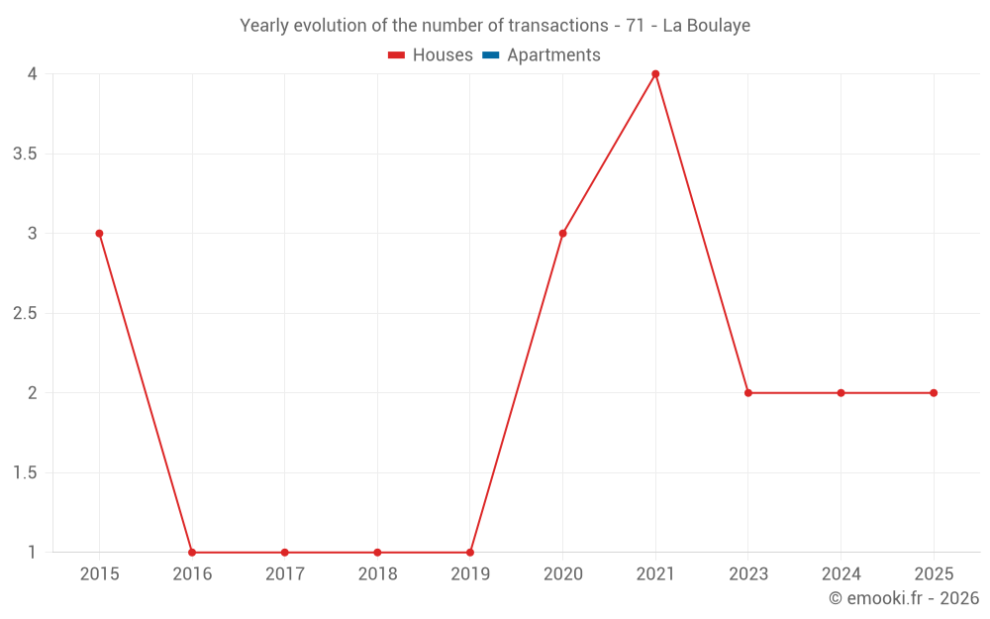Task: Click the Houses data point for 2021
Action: tap(655, 74)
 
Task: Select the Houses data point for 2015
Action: tap(99, 234)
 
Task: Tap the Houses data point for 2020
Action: tap(562, 234)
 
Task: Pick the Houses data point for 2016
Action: tap(192, 553)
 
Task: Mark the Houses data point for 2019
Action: tap(470, 553)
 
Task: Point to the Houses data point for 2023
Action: tap(748, 393)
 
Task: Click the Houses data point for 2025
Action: tap(934, 393)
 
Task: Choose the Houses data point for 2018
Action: tap(377, 553)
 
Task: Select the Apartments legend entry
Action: tap(553, 55)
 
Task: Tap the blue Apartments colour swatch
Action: tap(490, 55)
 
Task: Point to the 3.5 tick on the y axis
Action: tap(25, 154)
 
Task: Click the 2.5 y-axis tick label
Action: tap(25, 313)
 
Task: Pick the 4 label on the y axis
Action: tap(33, 74)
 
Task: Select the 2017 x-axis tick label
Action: tap(284, 573)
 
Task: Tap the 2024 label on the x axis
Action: tap(841, 573)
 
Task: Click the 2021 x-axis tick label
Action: tap(655, 573)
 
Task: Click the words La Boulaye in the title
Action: tap(706, 26)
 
